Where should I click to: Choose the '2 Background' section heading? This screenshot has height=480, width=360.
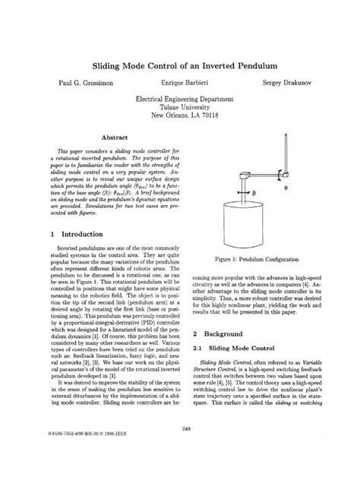(x=223, y=333)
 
